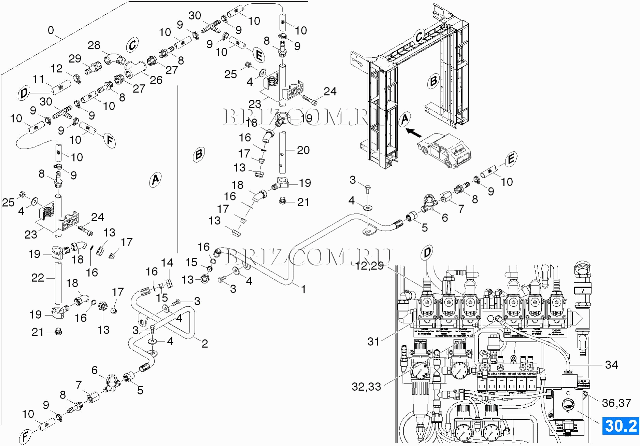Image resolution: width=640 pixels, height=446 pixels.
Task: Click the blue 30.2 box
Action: tap(621, 426)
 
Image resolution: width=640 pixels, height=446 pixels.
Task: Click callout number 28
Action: tap(94, 45)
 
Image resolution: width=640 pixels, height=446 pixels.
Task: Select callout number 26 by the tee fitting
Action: tap(156, 80)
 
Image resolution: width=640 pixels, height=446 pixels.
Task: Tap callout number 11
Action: tap(38, 79)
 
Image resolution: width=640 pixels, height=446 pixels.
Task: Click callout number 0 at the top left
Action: tap(51, 30)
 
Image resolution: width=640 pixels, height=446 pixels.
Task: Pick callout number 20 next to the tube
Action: tap(303, 150)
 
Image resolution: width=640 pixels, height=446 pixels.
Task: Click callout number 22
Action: tap(38, 278)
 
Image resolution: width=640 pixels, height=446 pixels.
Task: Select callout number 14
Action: tap(167, 263)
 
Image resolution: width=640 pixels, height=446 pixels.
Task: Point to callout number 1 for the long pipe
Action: tap(303, 289)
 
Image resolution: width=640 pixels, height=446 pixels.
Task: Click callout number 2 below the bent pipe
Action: tap(204, 343)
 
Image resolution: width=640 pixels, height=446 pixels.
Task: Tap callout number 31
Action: tap(373, 341)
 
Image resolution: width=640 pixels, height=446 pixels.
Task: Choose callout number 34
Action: tap(611, 365)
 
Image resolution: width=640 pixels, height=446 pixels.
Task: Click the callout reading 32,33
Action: tap(366, 387)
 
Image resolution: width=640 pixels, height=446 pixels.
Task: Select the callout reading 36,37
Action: tap(616, 403)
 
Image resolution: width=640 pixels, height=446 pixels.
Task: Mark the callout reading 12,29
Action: tap(369, 265)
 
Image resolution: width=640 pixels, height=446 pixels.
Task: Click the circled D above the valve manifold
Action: tap(427, 253)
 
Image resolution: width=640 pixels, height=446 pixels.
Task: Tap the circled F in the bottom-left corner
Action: tap(25, 436)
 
